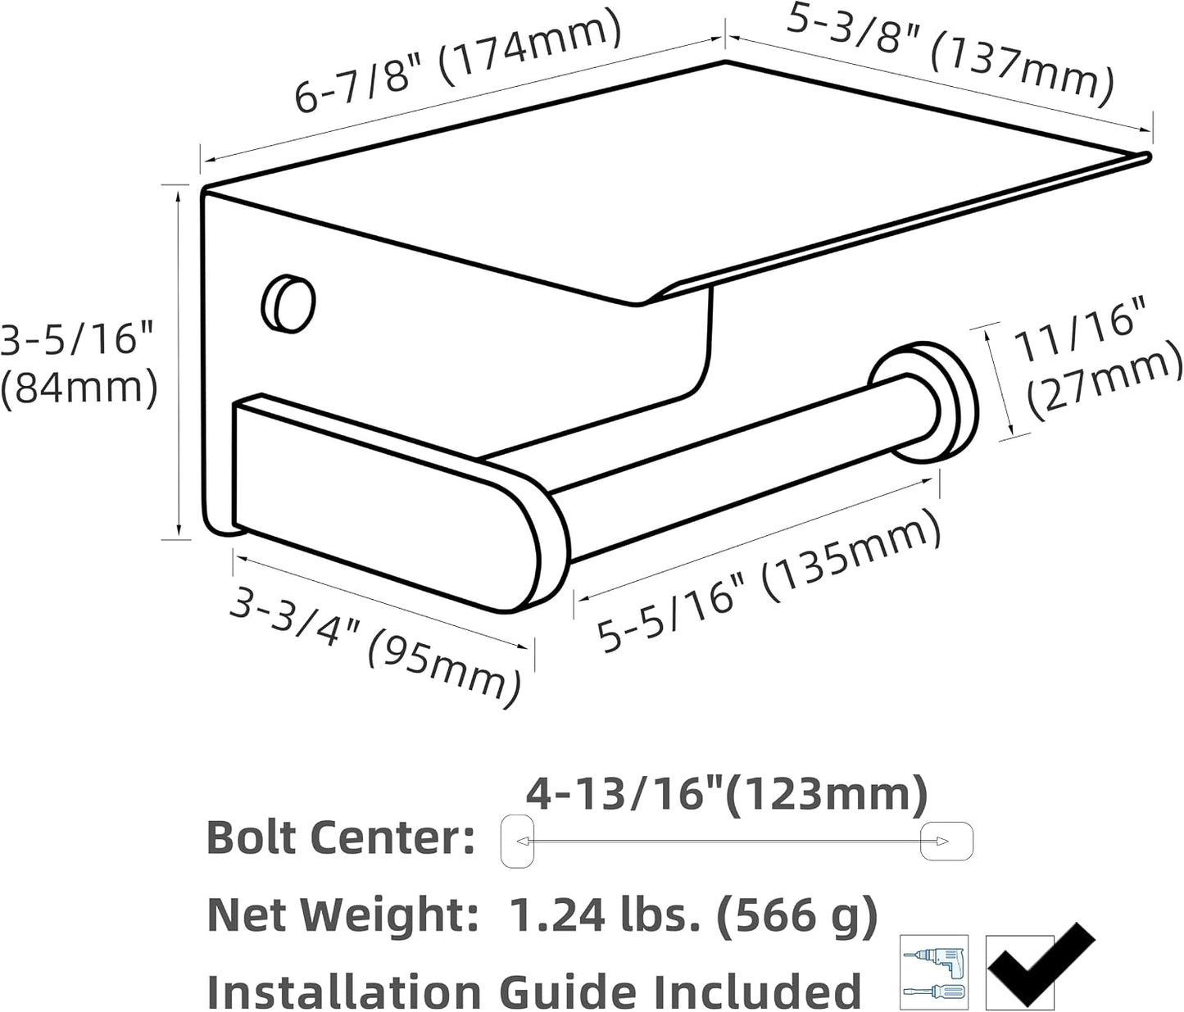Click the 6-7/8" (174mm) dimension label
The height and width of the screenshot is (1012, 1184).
pyautogui.click(x=458, y=61)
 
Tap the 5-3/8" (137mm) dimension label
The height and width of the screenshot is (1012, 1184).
pyautogui.click(x=950, y=56)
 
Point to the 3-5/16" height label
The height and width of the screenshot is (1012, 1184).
pyautogui.click(x=77, y=338)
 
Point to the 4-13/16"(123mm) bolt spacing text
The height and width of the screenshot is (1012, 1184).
pyautogui.click(x=727, y=794)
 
